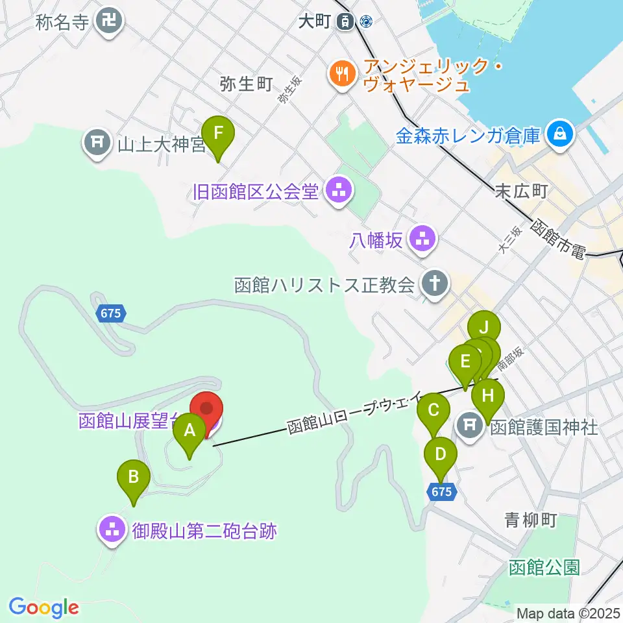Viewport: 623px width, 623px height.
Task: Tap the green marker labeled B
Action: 133,478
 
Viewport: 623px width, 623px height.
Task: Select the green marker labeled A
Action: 189,431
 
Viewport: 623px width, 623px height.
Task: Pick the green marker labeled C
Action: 434,411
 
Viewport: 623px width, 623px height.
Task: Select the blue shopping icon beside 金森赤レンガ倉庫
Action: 557,135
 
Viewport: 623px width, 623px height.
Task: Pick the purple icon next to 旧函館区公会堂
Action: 338,191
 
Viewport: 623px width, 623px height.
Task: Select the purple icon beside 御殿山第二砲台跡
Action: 112,530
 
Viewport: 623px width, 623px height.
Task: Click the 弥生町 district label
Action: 245,84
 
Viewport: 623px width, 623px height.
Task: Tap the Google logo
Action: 43,607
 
